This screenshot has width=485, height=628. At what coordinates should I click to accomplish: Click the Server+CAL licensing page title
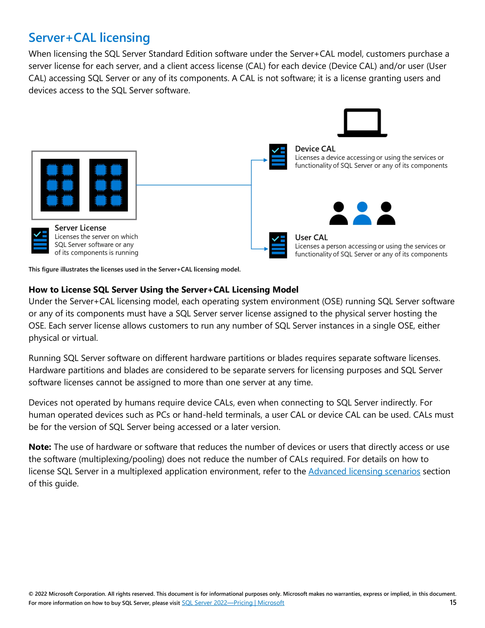coord(89,38)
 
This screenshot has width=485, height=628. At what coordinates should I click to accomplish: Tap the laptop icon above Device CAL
coord(362,123)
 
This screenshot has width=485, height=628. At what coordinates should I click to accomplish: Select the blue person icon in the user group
coord(362,213)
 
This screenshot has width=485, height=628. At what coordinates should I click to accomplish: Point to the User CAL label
coord(311,237)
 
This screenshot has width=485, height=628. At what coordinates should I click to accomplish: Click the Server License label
coord(80,228)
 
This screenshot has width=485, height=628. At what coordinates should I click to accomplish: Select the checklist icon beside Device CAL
coord(278,157)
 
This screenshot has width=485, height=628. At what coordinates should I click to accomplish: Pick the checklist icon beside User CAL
coord(278,245)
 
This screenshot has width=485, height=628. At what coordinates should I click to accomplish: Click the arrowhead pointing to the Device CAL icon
coord(265,160)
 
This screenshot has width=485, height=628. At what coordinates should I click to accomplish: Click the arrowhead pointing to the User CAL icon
coord(266,249)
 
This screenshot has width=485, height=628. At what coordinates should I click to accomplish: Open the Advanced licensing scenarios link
coord(364,471)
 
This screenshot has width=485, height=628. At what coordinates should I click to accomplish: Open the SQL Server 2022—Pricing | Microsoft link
coord(233,603)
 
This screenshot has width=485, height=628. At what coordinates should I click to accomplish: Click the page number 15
coord(453,602)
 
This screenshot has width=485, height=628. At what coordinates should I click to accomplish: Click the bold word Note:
coord(40,447)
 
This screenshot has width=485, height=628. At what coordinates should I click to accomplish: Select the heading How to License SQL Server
coord(163,290)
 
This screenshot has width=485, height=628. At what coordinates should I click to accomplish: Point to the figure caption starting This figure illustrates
coord(135,269)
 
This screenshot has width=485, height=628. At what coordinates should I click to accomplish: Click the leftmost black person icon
coord(338,213)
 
